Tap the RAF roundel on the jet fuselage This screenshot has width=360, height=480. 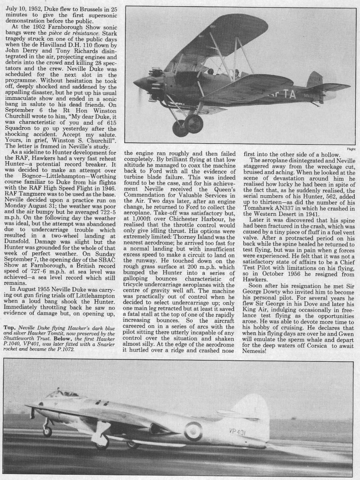193,431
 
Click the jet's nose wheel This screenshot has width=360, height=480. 47,432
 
